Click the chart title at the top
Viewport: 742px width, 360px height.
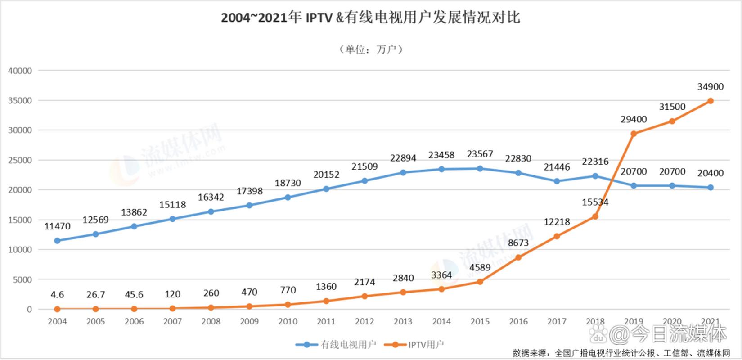pos(370,18)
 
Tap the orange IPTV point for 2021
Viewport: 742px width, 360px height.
pos(711,101)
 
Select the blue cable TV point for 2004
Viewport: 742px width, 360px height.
pos(57,241)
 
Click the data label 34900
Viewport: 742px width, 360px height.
pos(711,87)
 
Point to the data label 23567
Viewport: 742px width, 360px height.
pos(480,154)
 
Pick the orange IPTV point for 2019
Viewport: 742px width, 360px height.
pos(634,134)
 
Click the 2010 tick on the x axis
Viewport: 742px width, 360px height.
pos(288,321)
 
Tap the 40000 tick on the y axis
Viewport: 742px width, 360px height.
pos(20,71)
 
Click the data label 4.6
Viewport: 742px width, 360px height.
pos(57,295)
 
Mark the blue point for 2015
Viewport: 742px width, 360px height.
pos(480,169)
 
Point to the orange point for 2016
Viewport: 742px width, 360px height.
pos(518,257)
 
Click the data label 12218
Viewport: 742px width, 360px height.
pos(557,222)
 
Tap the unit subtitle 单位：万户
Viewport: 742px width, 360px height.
pos(370,49)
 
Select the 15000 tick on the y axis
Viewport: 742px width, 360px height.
pos(20,220)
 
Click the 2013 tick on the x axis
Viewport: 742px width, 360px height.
pos(403,321)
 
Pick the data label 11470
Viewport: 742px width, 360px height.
pos(57,226)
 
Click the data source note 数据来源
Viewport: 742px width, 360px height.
pos(621,353)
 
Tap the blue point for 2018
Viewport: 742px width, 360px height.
pos(595,176)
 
